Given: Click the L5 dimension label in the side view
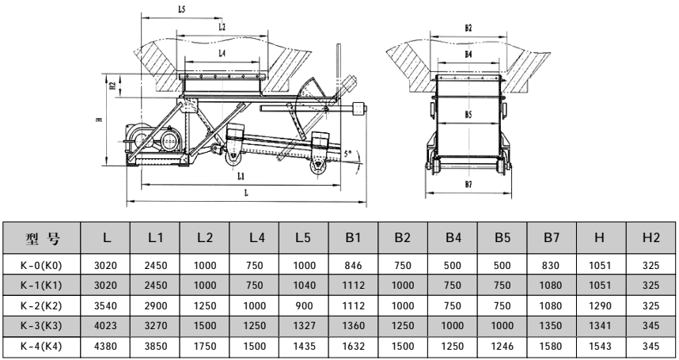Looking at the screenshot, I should (161, 9).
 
